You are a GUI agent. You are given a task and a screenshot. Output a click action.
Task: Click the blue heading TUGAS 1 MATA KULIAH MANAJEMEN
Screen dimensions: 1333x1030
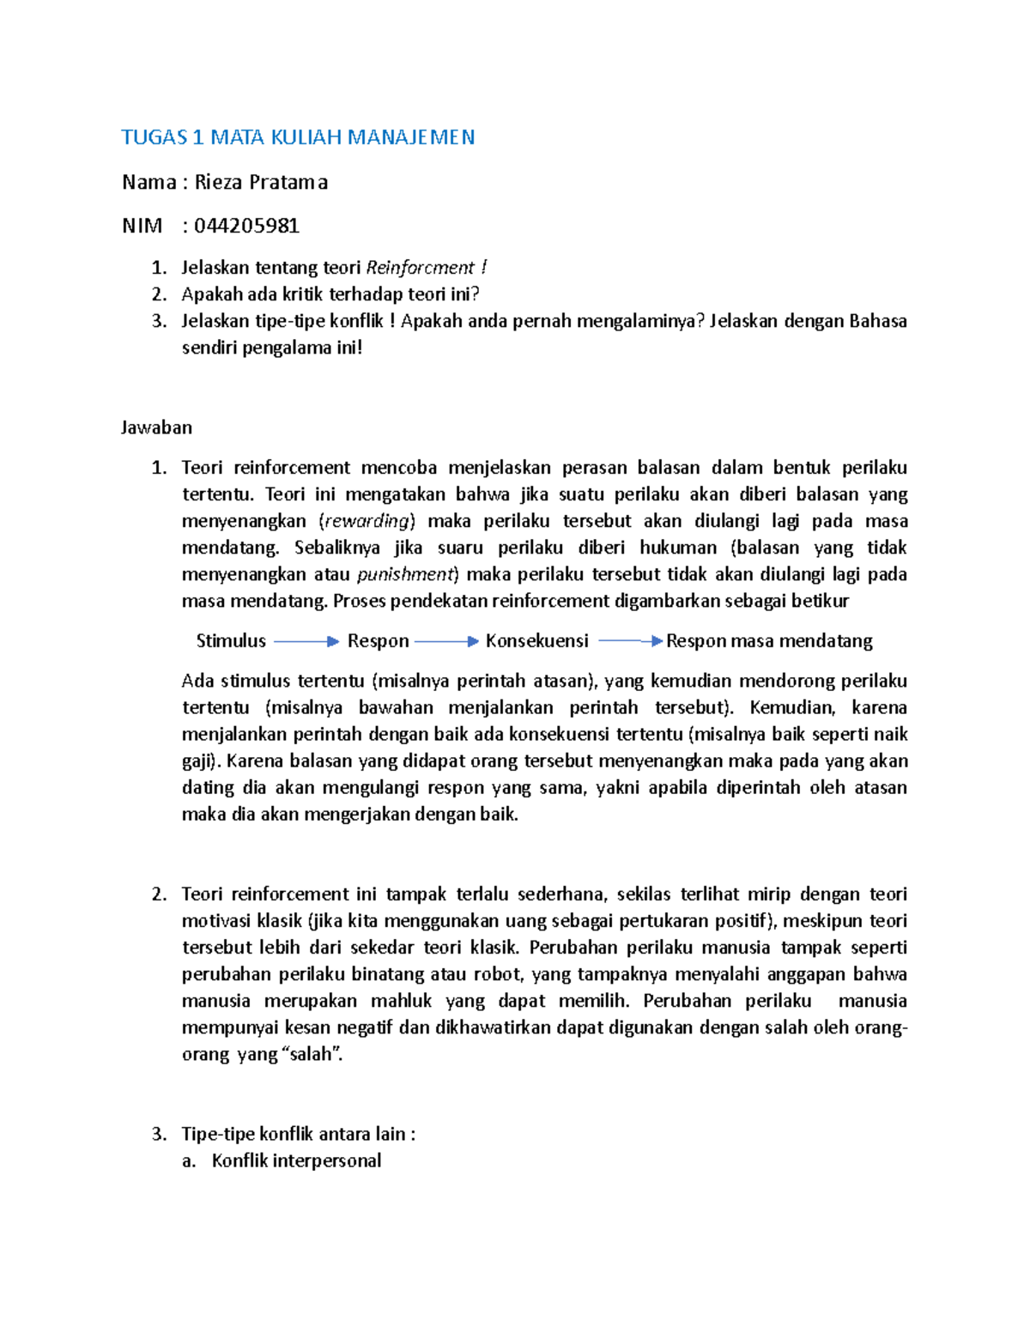pos(298,137)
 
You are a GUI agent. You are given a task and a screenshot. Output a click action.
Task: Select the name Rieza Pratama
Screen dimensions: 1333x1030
pos(261,182)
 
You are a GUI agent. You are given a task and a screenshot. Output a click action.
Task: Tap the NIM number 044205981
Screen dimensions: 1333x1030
pos(246,226)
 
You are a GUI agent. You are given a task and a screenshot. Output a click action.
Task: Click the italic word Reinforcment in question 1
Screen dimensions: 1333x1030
pos(420,268)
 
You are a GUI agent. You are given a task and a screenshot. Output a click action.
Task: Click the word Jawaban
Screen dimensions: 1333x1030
pos(156,427)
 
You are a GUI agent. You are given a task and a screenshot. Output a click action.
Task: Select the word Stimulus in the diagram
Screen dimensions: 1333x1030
pos(231,641)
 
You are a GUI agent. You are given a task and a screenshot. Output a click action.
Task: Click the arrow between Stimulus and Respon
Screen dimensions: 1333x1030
pos(306,641)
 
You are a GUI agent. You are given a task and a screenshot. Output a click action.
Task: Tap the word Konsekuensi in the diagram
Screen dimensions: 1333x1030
pos(536,641)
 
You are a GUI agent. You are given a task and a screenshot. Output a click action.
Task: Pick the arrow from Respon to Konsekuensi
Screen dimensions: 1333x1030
pos(445,641)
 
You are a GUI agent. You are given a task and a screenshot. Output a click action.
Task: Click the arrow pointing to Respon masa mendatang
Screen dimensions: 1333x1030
pos(630,641)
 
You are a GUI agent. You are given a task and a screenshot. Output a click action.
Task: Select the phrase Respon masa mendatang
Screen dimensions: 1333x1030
pos(769,641)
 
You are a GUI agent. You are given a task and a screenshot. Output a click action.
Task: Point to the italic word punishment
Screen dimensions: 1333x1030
pos(404,574)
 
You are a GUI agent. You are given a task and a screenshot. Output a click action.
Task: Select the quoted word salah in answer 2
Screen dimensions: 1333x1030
pos(310,1054)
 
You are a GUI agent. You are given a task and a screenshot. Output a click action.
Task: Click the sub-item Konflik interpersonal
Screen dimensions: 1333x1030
pos(296,1160)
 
